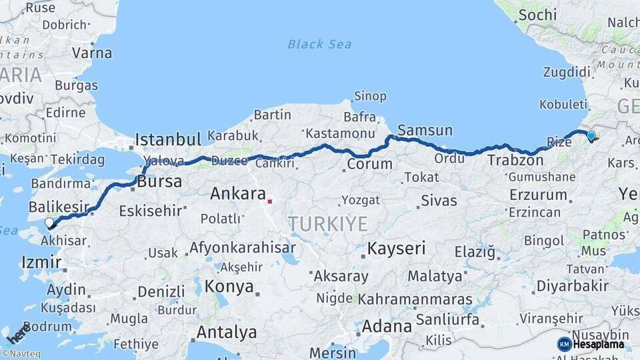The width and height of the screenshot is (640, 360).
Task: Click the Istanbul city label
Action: (168, 139)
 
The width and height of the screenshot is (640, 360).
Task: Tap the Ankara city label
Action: (238, 194)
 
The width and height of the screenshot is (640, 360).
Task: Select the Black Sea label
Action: (319, 45)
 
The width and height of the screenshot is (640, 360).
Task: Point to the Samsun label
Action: (425, 130)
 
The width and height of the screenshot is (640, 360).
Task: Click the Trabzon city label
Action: (515, 160)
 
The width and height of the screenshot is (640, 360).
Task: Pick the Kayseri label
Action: (396, 249)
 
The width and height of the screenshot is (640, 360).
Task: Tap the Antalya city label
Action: (227, 332)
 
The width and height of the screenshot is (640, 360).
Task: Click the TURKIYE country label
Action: (327, 224)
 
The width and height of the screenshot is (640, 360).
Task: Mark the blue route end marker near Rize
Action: (591, 136)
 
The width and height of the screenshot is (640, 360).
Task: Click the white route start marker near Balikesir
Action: (49, 223)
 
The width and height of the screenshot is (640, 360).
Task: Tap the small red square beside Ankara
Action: (270, 200)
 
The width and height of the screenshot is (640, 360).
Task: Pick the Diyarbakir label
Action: (573, 286)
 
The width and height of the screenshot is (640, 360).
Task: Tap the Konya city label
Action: (229, 287)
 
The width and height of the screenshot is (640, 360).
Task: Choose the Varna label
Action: (92, 52)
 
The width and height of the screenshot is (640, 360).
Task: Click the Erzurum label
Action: (538, 195)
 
